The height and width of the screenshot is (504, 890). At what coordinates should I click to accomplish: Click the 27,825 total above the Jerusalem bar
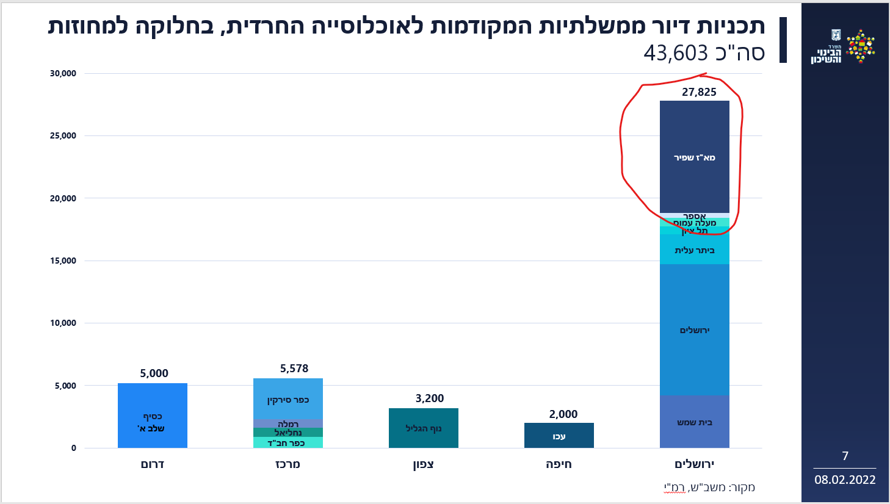pyautogui.click(x=699, y=92)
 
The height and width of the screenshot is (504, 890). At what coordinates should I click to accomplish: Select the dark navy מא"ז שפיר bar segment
pyautogui.click(x=695, y=157)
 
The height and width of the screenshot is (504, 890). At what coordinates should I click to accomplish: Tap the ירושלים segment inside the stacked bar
pyautogui.click(x=695, y=330)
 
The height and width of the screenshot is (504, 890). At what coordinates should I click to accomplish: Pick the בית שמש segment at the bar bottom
pyautogui.click(x=695, y=422)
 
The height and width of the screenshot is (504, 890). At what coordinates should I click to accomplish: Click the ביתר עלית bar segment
pyautogui.click(x=695, y=250)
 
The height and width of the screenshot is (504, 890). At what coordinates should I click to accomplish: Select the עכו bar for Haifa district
pyautogui.click(x=559, y=436)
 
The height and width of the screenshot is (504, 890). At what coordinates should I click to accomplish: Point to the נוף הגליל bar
pyautogui.click(x=423, y=428)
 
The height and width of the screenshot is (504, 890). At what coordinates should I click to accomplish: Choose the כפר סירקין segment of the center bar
pyautogui.click(x=288, y=400)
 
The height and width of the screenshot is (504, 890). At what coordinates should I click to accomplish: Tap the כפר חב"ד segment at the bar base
pyautogui.click(x=288, y=443)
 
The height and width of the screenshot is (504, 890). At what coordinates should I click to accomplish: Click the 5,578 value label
pyautogui.click(x=294, y=369)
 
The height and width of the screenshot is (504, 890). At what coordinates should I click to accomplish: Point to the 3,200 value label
pyautogui.click(x=430, y=398)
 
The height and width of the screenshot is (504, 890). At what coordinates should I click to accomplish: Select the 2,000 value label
pyautogui.click(x=563, y=414)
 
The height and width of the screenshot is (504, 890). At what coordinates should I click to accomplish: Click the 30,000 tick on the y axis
pyautogui.click(x=63, y=73)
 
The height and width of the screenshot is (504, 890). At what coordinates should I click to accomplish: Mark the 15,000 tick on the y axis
pyautogui.click(x=63, y=261)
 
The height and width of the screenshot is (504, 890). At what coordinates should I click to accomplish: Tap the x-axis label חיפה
pyautogui.click(x=559, y=464)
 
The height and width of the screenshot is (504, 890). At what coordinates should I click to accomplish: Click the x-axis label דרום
pyautogui.click(x=153, y=464)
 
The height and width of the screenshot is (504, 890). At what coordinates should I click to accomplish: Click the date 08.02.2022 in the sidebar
pyautogui.click(x=845, y=480)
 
